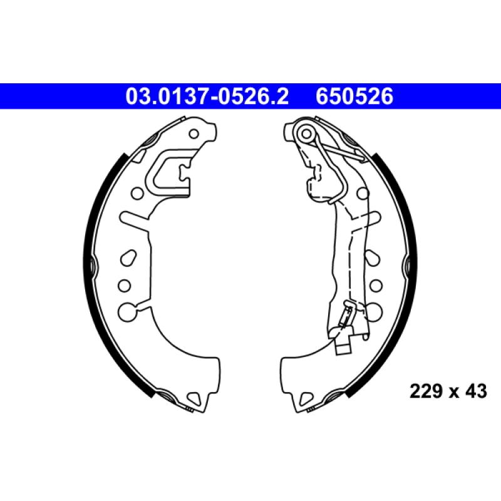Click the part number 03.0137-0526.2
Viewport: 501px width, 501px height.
[x=207, y=96]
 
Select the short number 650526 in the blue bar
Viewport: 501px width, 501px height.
[x=354, y=96]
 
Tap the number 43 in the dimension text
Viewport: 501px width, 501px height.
[x=476, y=391]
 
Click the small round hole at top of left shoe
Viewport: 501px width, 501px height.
[x=194, y=134]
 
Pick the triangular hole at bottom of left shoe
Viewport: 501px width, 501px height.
[x=194, y=398]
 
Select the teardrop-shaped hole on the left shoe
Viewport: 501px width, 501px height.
[x=128, y=257]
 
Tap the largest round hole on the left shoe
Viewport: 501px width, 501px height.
[x=127, y=311]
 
